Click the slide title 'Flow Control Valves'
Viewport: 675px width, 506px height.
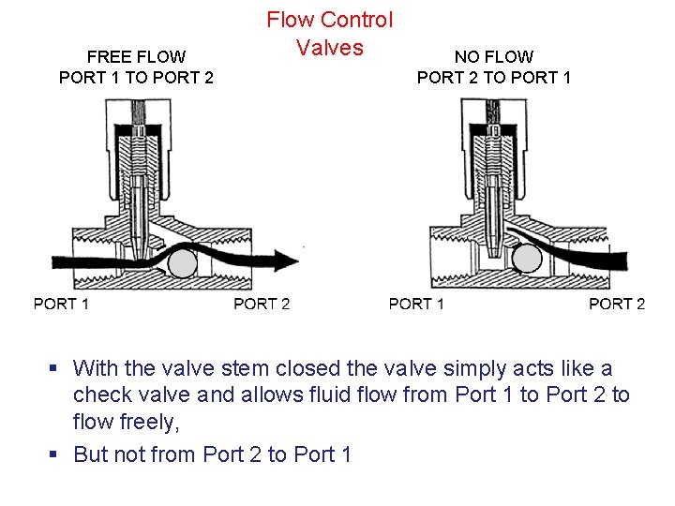(330, 33)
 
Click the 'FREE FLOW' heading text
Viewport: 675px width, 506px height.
(136, 57)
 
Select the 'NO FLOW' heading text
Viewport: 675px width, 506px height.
(493, 57)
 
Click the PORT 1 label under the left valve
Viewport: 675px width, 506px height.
(61, 304)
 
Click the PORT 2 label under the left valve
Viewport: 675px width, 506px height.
(262, 304)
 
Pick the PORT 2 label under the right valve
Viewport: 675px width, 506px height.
(617, 304)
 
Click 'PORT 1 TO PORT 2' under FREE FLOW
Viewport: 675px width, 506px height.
(136, 78)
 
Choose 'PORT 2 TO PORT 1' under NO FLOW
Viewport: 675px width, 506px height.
(493, 78)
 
